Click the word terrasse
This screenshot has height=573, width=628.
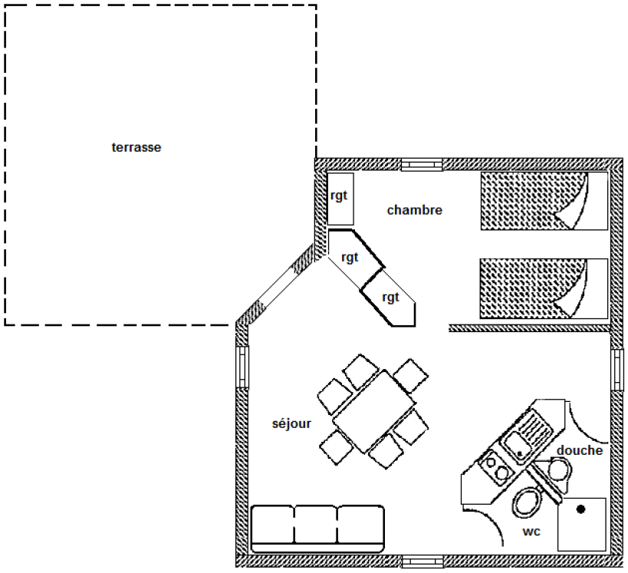[136, 147]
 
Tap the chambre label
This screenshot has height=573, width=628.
[415, 210]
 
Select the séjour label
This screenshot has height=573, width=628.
[291, 423]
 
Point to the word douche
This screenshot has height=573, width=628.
[580, 450]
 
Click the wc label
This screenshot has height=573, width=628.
[531, 532]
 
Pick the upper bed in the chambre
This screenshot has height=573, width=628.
[544, 201]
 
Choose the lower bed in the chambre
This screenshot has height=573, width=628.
[544, 289]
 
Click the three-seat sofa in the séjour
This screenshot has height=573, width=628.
[317, 529]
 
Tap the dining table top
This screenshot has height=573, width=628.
[374, 411]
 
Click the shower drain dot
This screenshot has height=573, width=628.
[580, 509]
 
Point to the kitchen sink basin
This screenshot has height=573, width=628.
[516, 448]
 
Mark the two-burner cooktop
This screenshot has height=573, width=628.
[496, 468]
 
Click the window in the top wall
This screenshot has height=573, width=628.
[422, 165]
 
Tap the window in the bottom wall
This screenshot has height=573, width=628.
[423, 561]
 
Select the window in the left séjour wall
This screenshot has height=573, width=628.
[242, 367]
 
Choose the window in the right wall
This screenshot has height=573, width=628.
[617, 370]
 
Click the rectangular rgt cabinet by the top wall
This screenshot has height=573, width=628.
[340, 199]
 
